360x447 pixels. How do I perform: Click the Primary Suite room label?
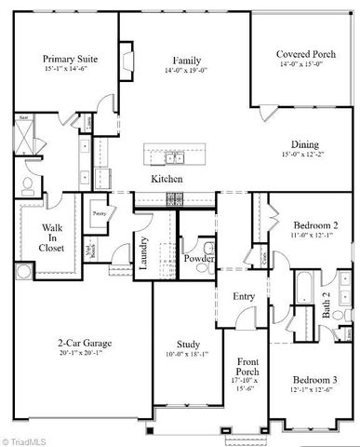tap(69, 57)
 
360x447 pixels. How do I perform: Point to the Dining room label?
tap(303, 144)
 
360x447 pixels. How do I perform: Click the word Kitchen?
tap(167, 178)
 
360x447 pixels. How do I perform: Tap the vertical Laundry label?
tap(144, 253)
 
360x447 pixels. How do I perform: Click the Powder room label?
tap(199, 258)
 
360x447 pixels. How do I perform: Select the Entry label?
tap(244, 296)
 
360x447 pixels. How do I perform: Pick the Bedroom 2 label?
tap(314, 226)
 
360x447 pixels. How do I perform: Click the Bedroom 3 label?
tap(315, 380)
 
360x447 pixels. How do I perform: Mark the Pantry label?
tap(99, 212)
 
